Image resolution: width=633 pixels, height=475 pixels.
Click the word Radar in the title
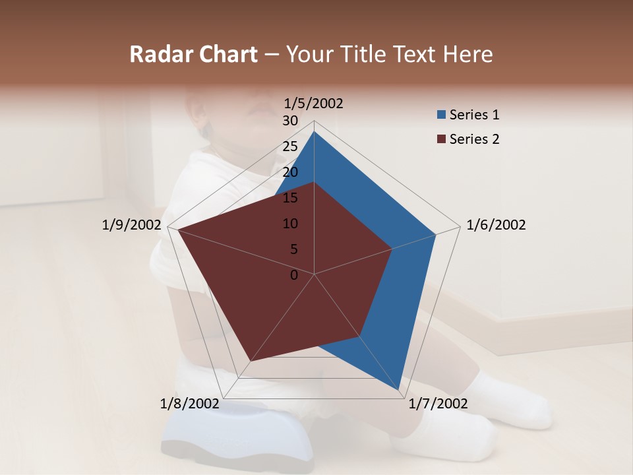157,54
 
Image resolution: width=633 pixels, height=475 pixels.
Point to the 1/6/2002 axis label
496,225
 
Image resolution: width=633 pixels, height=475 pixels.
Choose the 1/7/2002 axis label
438,404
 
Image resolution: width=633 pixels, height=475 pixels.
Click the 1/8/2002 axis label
189,404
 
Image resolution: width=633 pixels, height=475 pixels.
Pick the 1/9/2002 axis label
132,225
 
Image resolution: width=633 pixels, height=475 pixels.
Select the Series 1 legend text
474,115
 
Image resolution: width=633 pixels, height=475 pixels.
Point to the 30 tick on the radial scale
290,121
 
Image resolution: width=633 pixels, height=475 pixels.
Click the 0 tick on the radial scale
294,275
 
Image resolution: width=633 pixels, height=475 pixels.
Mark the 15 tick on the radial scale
290,198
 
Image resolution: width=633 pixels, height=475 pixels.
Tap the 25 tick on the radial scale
290,146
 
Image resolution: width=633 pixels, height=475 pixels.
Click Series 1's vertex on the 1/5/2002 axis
314,131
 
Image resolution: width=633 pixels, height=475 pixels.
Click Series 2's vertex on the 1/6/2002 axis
392,249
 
